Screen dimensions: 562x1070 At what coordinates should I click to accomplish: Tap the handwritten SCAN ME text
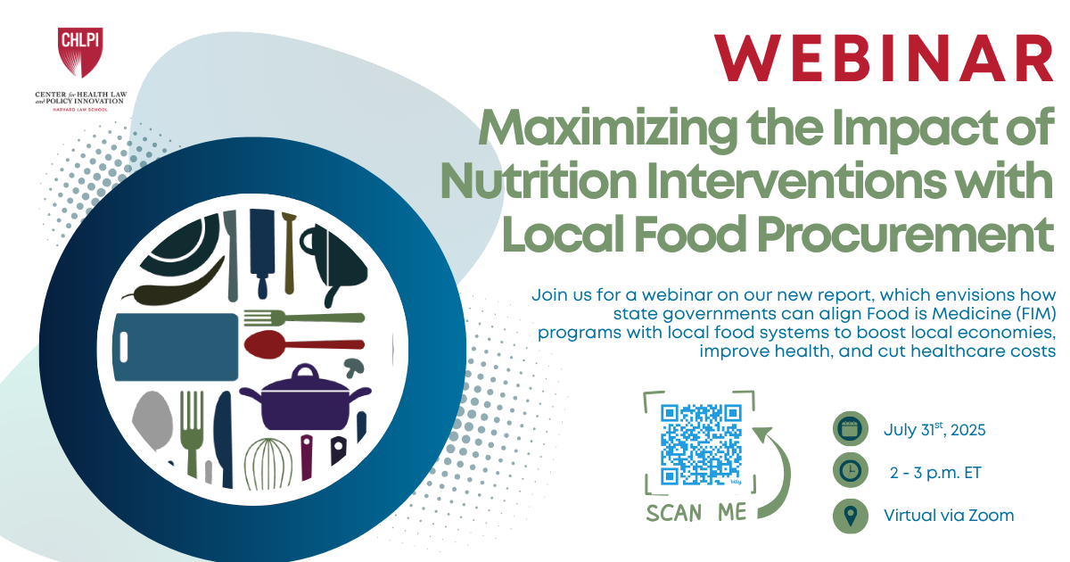pyautogui.click(x=697, y=513)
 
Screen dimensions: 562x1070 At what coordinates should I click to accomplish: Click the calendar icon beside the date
pyautogui.click(x=850, y=428)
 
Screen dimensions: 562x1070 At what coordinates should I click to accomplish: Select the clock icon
pyautogui.click(x=850, y=471)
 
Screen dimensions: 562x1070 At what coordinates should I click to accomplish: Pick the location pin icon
pyautogui.click(x=850, y=515)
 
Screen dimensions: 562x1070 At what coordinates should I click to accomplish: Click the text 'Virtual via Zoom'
pyautogui.click(x=948, y=515)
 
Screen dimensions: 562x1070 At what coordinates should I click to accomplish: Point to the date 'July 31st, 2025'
pyautogui.click(x=934, y=429)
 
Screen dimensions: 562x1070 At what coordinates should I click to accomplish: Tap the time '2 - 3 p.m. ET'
pyautogui.click(x=935, y=472)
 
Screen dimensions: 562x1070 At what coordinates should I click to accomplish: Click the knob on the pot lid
pyautogui.click(x=305, y=368)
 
